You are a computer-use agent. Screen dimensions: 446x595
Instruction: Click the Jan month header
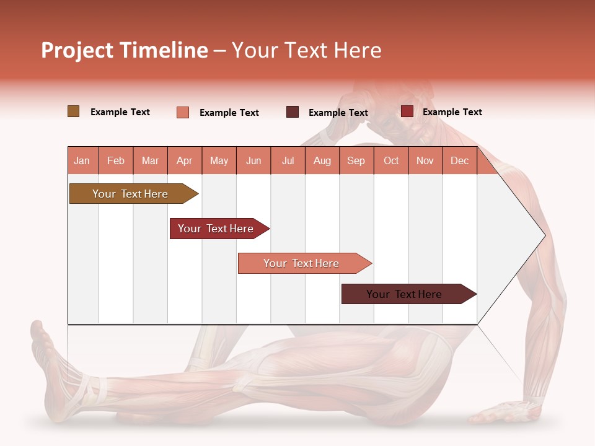(82, 160)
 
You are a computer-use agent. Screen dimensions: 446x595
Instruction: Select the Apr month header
(185, 160)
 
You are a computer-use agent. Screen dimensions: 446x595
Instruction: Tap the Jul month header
(288, 160)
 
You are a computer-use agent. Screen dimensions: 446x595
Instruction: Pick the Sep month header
(356, 160)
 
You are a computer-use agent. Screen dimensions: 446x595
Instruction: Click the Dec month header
(459, 160)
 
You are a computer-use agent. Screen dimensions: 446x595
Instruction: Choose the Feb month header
(116, 160)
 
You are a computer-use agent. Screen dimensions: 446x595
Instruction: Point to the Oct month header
(391, 160)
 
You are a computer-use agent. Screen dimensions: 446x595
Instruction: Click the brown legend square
(74, 111)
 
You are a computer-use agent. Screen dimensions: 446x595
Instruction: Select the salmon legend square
(183, 112)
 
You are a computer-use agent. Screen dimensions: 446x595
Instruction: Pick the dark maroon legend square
(293, 112)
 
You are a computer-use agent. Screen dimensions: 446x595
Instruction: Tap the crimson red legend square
(407, 111)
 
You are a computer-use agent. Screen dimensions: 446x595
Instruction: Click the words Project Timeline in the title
(125, 50)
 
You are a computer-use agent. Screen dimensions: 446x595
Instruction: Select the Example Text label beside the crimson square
(452, 112)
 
